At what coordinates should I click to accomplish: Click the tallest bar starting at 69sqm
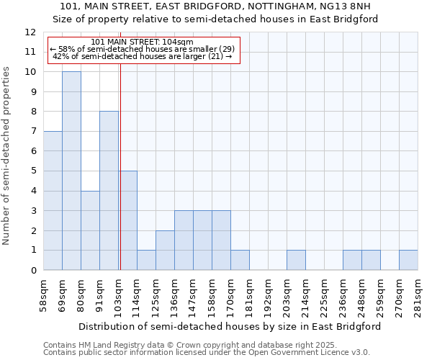pos(71,171)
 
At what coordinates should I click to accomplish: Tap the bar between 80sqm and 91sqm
pos(90,230)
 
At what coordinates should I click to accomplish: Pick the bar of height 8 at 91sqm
pos(109,191)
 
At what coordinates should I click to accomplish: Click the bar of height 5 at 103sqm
pos(127,220)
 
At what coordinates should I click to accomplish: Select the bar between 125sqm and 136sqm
pos(165,251)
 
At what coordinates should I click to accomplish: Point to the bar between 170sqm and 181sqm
pos(240,260)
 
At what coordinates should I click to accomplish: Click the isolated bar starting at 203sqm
pos(296,260)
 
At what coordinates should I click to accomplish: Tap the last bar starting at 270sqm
pos(408,260)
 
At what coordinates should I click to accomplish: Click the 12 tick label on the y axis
pos(30,32)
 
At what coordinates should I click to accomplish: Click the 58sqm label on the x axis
pos(44,296)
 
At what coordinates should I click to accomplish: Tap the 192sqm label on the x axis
pos(269,296)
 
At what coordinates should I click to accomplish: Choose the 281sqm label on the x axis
pos(418,296)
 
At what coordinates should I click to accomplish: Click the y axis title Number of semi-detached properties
pos(7,156)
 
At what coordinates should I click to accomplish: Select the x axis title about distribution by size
pos(230,326)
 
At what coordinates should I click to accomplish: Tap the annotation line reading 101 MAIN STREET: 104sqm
pos(143,42)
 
